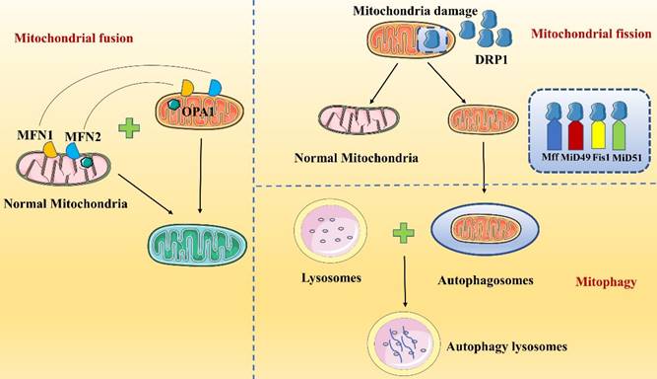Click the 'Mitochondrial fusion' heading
58,38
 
